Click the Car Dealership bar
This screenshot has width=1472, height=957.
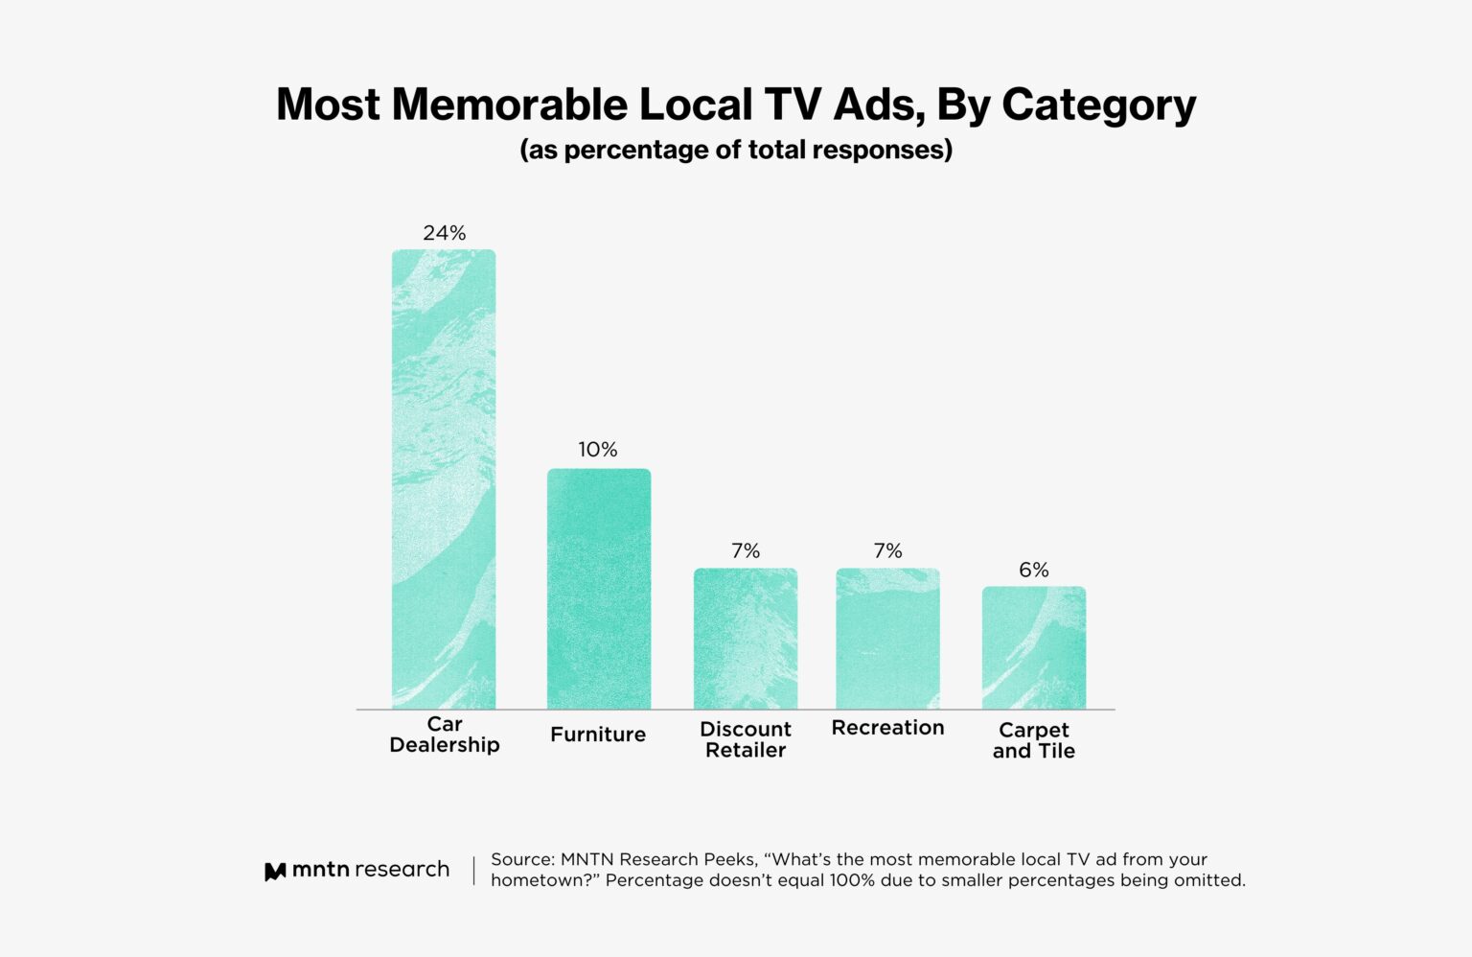tap(444, 479)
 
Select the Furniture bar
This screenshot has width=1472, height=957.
tap(599, 589)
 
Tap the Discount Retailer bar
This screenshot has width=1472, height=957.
tap(746, 639)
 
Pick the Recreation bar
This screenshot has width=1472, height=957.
tap(887, 639)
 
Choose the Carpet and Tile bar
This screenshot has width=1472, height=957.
tap(1034, 648)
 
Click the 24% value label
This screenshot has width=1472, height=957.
tap(445, 233)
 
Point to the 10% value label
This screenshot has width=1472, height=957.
tap(598, 450)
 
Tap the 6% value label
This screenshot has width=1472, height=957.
tap(1034, 571)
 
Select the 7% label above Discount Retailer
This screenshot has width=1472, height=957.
tap(746, 551)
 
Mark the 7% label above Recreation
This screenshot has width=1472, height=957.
tap(887, 551)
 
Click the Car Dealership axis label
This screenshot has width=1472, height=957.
tap(445, 735)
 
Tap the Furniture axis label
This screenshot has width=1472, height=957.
tap(598, 735)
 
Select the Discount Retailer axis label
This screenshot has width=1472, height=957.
tap(746, 739)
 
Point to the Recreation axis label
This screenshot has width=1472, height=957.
tap(887, 728)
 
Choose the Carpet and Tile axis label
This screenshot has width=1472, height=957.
tap(1034, 740)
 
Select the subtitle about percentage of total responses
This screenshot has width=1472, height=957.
tap(736, 151)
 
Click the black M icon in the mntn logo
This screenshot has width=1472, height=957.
tap(275, 872)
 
